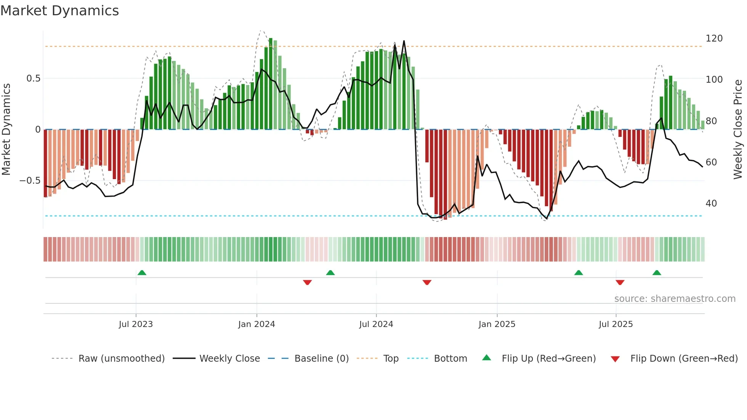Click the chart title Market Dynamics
tap(60, 11)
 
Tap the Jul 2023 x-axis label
tap(136, 324)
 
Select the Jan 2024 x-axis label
tap(256, 324)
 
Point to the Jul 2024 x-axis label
tap(376, 324)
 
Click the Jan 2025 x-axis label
tap(497, 324)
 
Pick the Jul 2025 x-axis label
tap(616, 324)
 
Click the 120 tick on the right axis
tap(714, 38)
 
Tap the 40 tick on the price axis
tap(711, 204)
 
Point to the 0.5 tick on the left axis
tap(33, 79)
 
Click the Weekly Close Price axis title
tap(738, 129)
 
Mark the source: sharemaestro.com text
tap(675, 299)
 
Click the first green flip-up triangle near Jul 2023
tap(142, 273)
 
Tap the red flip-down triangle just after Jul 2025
tap(620, 282)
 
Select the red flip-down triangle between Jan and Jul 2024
tap(307, 282)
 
